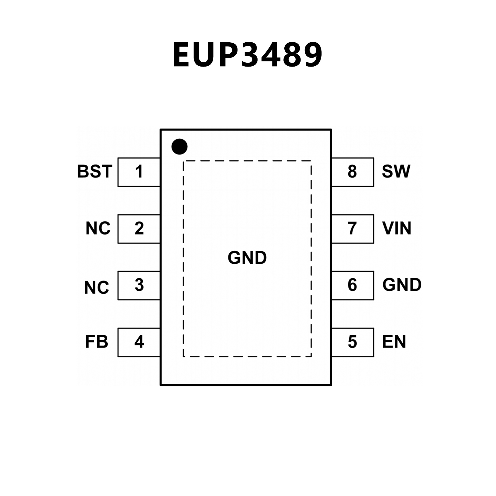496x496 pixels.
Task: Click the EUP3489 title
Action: (248, 55)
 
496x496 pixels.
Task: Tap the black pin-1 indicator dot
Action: (179, 147)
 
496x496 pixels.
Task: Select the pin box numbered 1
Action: (139, 172)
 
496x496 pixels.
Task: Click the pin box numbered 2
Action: (139, 229)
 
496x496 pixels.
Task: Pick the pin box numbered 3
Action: (139, 285)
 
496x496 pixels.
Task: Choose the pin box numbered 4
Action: (139, 342)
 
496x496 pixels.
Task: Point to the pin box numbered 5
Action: (353, 342)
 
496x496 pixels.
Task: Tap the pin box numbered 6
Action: (353, 285)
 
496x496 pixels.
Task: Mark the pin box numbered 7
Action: (353, 229)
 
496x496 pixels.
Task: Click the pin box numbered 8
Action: (353, 172)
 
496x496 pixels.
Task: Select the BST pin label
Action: (95, 172)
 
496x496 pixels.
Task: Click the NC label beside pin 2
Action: (98, 228)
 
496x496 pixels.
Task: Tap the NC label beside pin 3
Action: (97, 288)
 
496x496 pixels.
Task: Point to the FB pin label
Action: (96, 342)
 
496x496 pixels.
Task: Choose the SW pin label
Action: (396, 172)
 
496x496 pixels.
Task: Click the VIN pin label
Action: (397, 228)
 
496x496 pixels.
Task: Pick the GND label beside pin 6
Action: (402, 285)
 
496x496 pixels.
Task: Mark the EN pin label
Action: (394, 342)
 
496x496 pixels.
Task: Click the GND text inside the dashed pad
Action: (247, 258)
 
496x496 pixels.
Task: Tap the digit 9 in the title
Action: (310, 55)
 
